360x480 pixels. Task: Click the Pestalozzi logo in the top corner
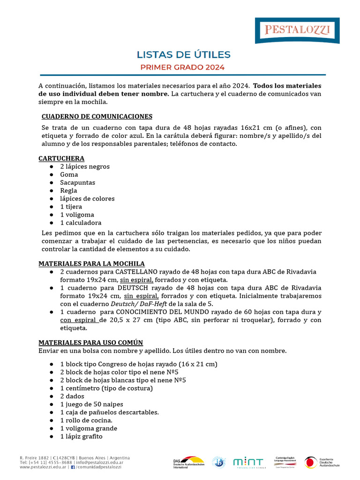(297, 30)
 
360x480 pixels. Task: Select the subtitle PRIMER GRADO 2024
(183, 67)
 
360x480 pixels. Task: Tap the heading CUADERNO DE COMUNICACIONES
(97, 116)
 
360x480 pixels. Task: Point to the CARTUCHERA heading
(61, 158)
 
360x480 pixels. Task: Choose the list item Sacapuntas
(77, 182)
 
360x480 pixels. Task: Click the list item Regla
(68, 190)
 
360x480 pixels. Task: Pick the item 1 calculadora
(81, 223)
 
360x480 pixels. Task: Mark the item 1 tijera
(71, 206)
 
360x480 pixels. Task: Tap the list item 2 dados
(72, 396)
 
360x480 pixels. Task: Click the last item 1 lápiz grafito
(81, 436)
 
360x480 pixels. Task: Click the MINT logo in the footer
(248, 462)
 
